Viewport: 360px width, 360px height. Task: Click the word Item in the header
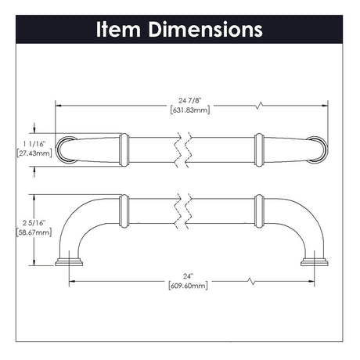tap(119, 29)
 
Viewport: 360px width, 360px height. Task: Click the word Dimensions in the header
tap(205, 29)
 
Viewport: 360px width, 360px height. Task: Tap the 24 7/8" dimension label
tap(190, 100)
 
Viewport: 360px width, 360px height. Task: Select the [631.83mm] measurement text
tap(190, 110)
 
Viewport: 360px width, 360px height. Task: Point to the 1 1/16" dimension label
tap(34, 143)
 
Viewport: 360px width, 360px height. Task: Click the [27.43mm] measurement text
tap(34, 153)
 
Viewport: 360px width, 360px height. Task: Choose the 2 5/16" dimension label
tap(34, 223)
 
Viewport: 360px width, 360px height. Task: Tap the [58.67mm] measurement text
tap(34, 232)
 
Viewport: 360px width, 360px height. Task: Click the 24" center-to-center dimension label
tap(188, 276)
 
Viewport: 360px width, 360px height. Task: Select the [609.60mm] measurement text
tap(189, 286)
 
